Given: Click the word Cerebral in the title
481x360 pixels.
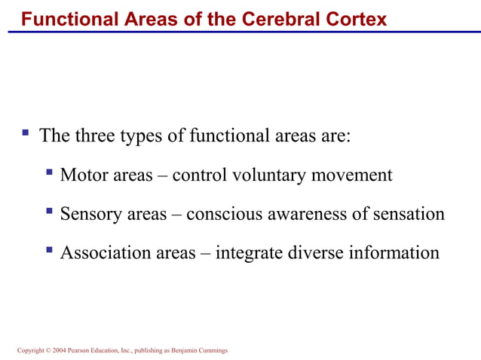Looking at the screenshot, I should pos(276,19).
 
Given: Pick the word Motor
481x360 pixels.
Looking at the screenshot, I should pos(84,175).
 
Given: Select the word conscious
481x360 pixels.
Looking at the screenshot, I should pos(219,214).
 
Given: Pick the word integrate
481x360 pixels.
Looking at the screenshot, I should pos(249,253).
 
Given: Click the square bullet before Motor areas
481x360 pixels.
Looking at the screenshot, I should pos(50,174).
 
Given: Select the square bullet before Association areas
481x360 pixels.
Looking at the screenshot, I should pos(50,251).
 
